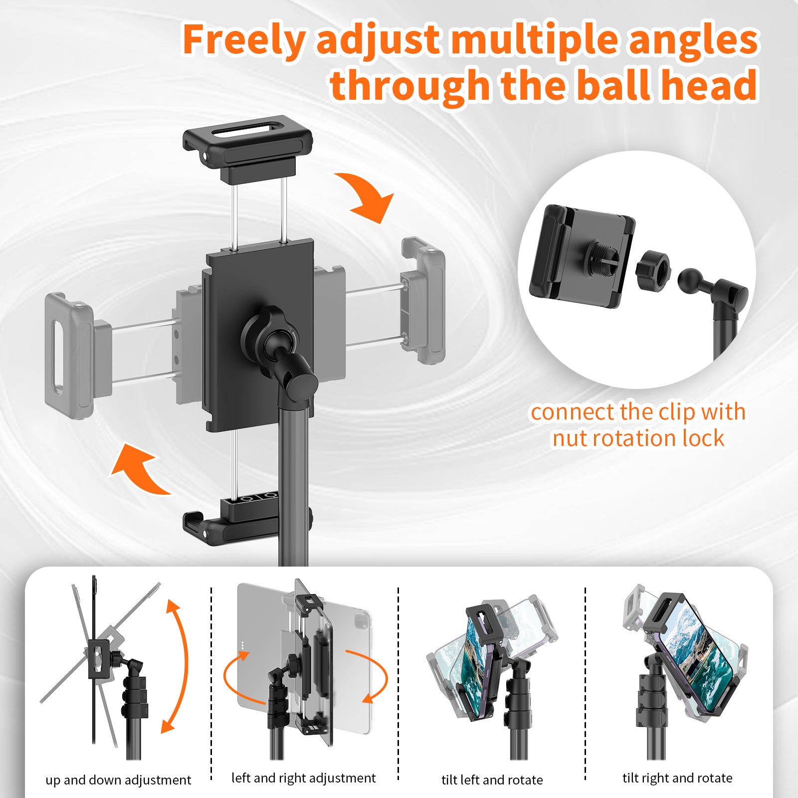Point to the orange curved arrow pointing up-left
140,469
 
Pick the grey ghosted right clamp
423,299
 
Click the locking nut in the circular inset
653,272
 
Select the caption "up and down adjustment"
118,780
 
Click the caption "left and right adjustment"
303,778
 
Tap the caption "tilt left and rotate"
492,780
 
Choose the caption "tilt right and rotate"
677,778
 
